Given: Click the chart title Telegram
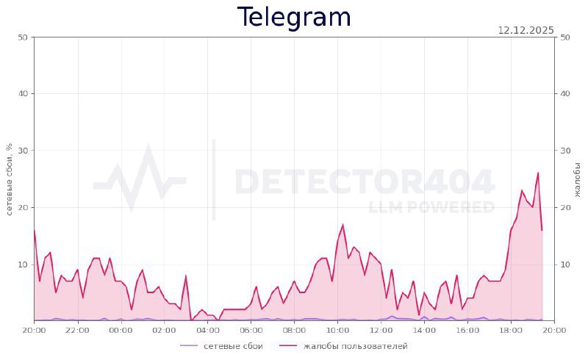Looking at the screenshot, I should pyautogui.click(x=294, y=17).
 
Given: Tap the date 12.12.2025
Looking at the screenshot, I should pyautogui.click(x=526, y=30).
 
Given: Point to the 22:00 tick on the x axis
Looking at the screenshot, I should pyautogui.click(x=77, y=330).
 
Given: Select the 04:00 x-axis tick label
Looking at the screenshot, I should pyautogui.click(x=207, y=330).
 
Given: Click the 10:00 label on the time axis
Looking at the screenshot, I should pyautogui.click(x=337, y=330).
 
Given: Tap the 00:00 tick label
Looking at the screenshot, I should pyautogui.click(x=121, y=330).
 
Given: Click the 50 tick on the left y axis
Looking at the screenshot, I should pyautogui.click(x=22, y=37).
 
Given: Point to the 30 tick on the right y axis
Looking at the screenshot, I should pyautogui.click(x=565, y=151).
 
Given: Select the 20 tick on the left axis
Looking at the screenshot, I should pyautogui.click(x=22, y=207).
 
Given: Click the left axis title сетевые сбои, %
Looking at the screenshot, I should pyautogui.click(x=10, y=179).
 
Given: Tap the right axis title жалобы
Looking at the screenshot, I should pyautogui.click(x=577, y=179).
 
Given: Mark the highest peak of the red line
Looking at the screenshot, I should pyautogui.click(x=538, y=173).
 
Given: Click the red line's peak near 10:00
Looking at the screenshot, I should pyautogui.click(x=343, y=225).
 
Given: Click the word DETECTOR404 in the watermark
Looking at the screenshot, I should pyautogui.click(x=364, y=181).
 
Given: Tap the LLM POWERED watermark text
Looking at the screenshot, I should pyautogui.click(x=431, y=207).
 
